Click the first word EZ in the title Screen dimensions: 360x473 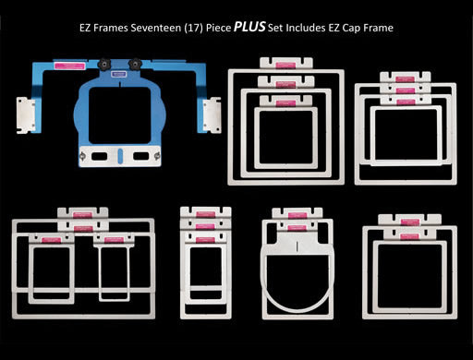84,29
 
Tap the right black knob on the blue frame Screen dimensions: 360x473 136,64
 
